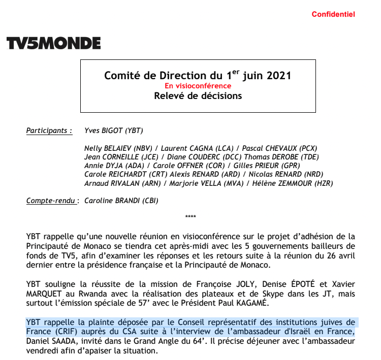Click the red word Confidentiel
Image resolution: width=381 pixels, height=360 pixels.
point(333,15)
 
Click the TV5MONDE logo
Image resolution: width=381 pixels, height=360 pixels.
point(53,44)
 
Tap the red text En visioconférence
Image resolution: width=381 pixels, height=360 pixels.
point(198,86)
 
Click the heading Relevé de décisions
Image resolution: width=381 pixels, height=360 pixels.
point(198,96)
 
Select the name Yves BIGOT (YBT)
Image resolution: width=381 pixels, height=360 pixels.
point(113,131)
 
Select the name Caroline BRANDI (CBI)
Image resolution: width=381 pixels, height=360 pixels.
point(121,201)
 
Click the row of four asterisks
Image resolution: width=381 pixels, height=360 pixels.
point(190,217)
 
